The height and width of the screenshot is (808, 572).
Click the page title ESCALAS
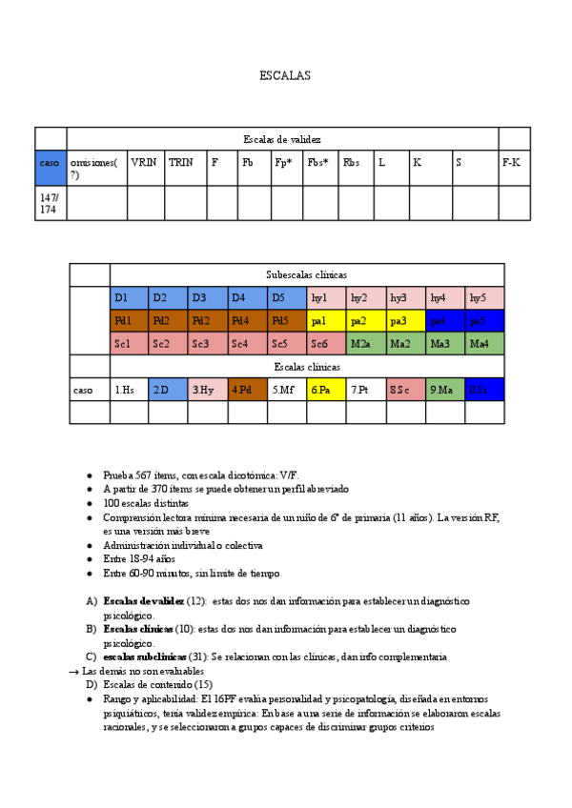click(x=284, y=75)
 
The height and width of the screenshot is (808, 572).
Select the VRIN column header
click(x=145, y=167)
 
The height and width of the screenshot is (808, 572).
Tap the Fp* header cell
click(x=286, y=167)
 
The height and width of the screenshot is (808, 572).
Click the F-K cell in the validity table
click(x=513, y=167)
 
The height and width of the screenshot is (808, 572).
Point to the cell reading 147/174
click(x=51, y=203)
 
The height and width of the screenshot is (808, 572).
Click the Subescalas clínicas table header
click(x=306, y=274)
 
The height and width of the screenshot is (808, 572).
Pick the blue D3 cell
click(x=209, y=298)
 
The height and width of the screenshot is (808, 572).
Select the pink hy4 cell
click(x=445, y=298)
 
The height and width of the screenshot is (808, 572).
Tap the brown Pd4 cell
click(x=248, y=321)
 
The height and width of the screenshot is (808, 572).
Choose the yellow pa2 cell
click(x=365, y=321)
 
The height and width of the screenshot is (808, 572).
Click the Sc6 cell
click(x=326, y=344)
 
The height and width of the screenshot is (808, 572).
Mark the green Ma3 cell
click(x=445, y=344)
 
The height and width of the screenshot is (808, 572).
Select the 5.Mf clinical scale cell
click(x=287, y=390)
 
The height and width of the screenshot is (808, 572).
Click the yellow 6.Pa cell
click(x=326, y=390)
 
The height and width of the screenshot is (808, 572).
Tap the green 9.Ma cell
click(x=445, y=390)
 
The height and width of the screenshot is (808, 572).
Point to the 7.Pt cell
click(x=365, y=390)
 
